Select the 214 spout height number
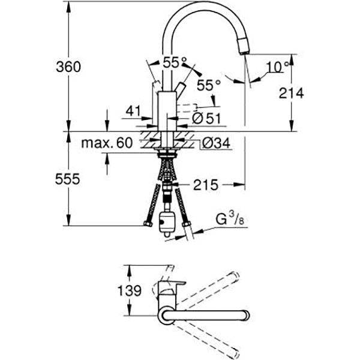tap(290, 92)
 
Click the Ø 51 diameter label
tap(205, 119)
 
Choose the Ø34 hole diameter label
tap(214, 143)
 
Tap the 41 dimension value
tap(133, 111)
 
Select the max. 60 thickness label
tap(107, 143)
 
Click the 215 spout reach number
tap(205, 185)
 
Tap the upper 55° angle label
tap(175, 61)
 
